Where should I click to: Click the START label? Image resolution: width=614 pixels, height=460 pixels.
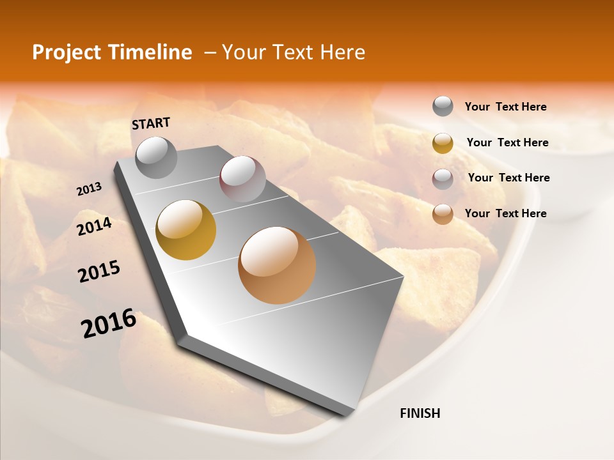click(151, 123)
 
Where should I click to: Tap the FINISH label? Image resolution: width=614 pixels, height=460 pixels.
click(420, 413)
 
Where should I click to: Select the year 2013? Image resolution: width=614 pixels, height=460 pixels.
click(90, 189)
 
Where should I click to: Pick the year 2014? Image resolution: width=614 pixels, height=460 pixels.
click(94, 227)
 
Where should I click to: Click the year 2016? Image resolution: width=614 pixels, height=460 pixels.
click(109, 323)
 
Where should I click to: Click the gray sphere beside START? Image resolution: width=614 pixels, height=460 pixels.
click(157, 158)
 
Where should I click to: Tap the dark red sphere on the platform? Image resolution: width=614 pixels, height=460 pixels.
click(242, 179)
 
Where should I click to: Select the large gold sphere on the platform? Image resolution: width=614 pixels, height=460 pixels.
click(185, 230)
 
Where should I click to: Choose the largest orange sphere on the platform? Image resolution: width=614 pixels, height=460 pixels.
click(277, 265)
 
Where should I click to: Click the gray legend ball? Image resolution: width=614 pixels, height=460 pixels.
click(443, 107)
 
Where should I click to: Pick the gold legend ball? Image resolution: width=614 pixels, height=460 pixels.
click(443, 143)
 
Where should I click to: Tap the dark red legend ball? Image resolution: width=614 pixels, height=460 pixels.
click(443, 180)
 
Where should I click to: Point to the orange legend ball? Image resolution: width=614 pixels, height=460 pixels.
click(443, 215)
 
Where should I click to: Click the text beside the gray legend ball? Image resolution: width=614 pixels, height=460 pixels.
click(505, 107)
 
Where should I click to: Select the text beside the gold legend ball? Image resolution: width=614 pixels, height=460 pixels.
click(507, 142)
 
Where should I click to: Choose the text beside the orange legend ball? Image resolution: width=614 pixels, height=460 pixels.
click(505, 213)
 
